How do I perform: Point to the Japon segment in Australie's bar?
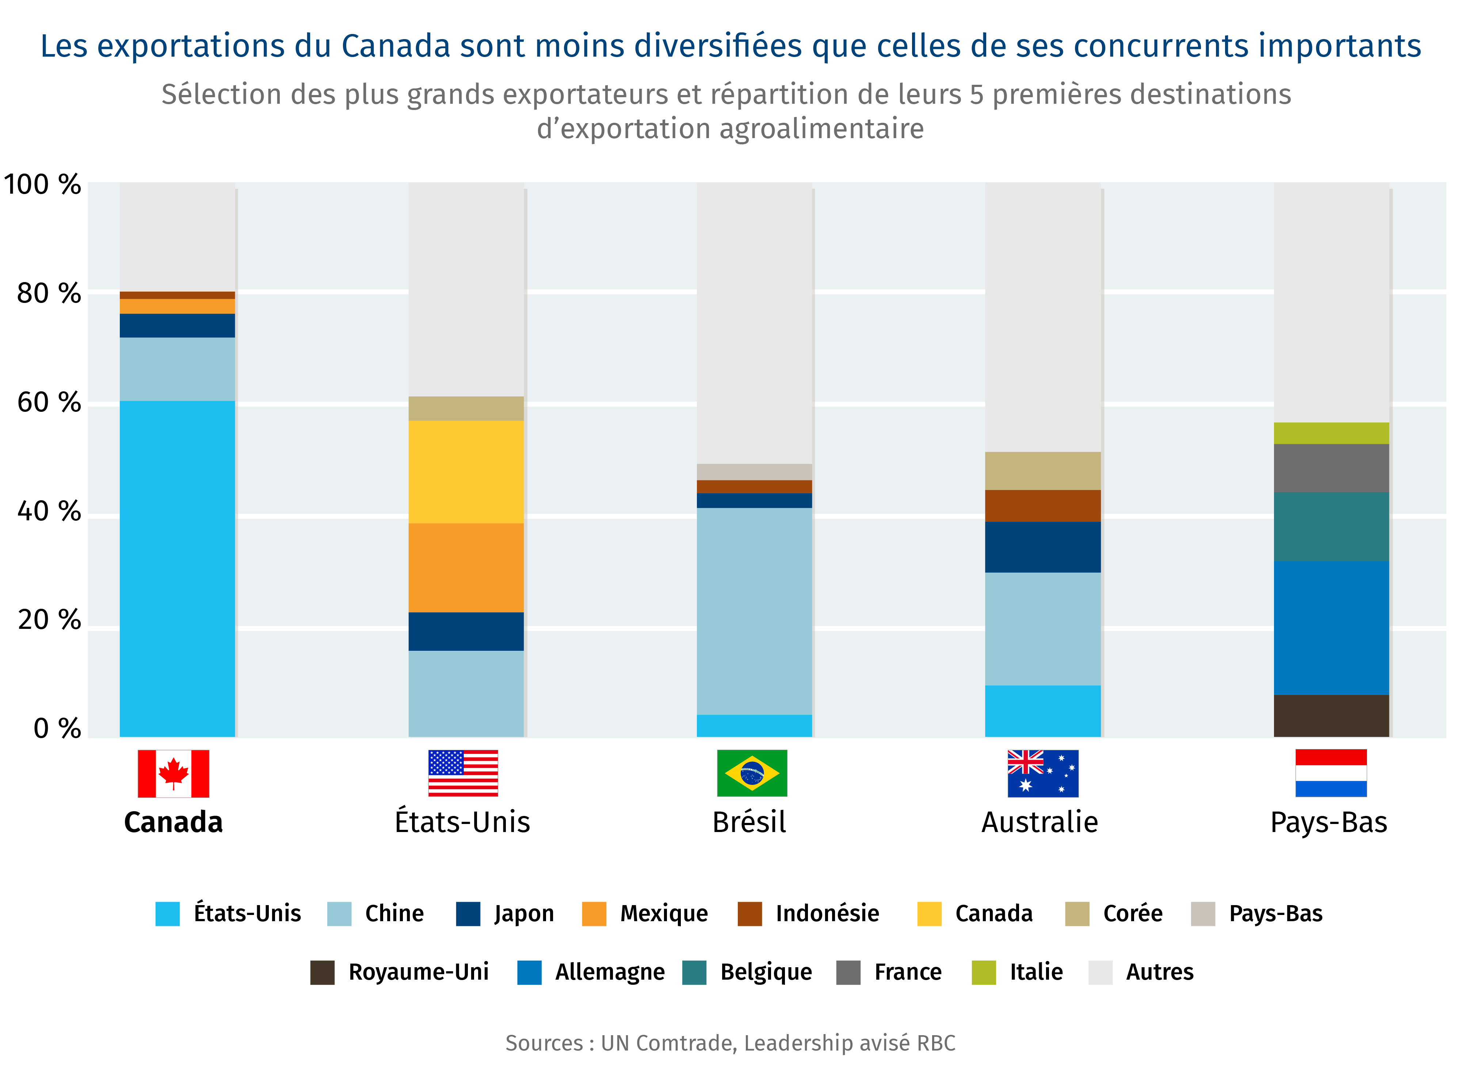click(1042, 547)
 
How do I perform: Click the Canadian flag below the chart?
click(173, 774)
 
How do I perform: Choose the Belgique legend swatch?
click(694, 972)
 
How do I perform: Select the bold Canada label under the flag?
click(173, 822)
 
